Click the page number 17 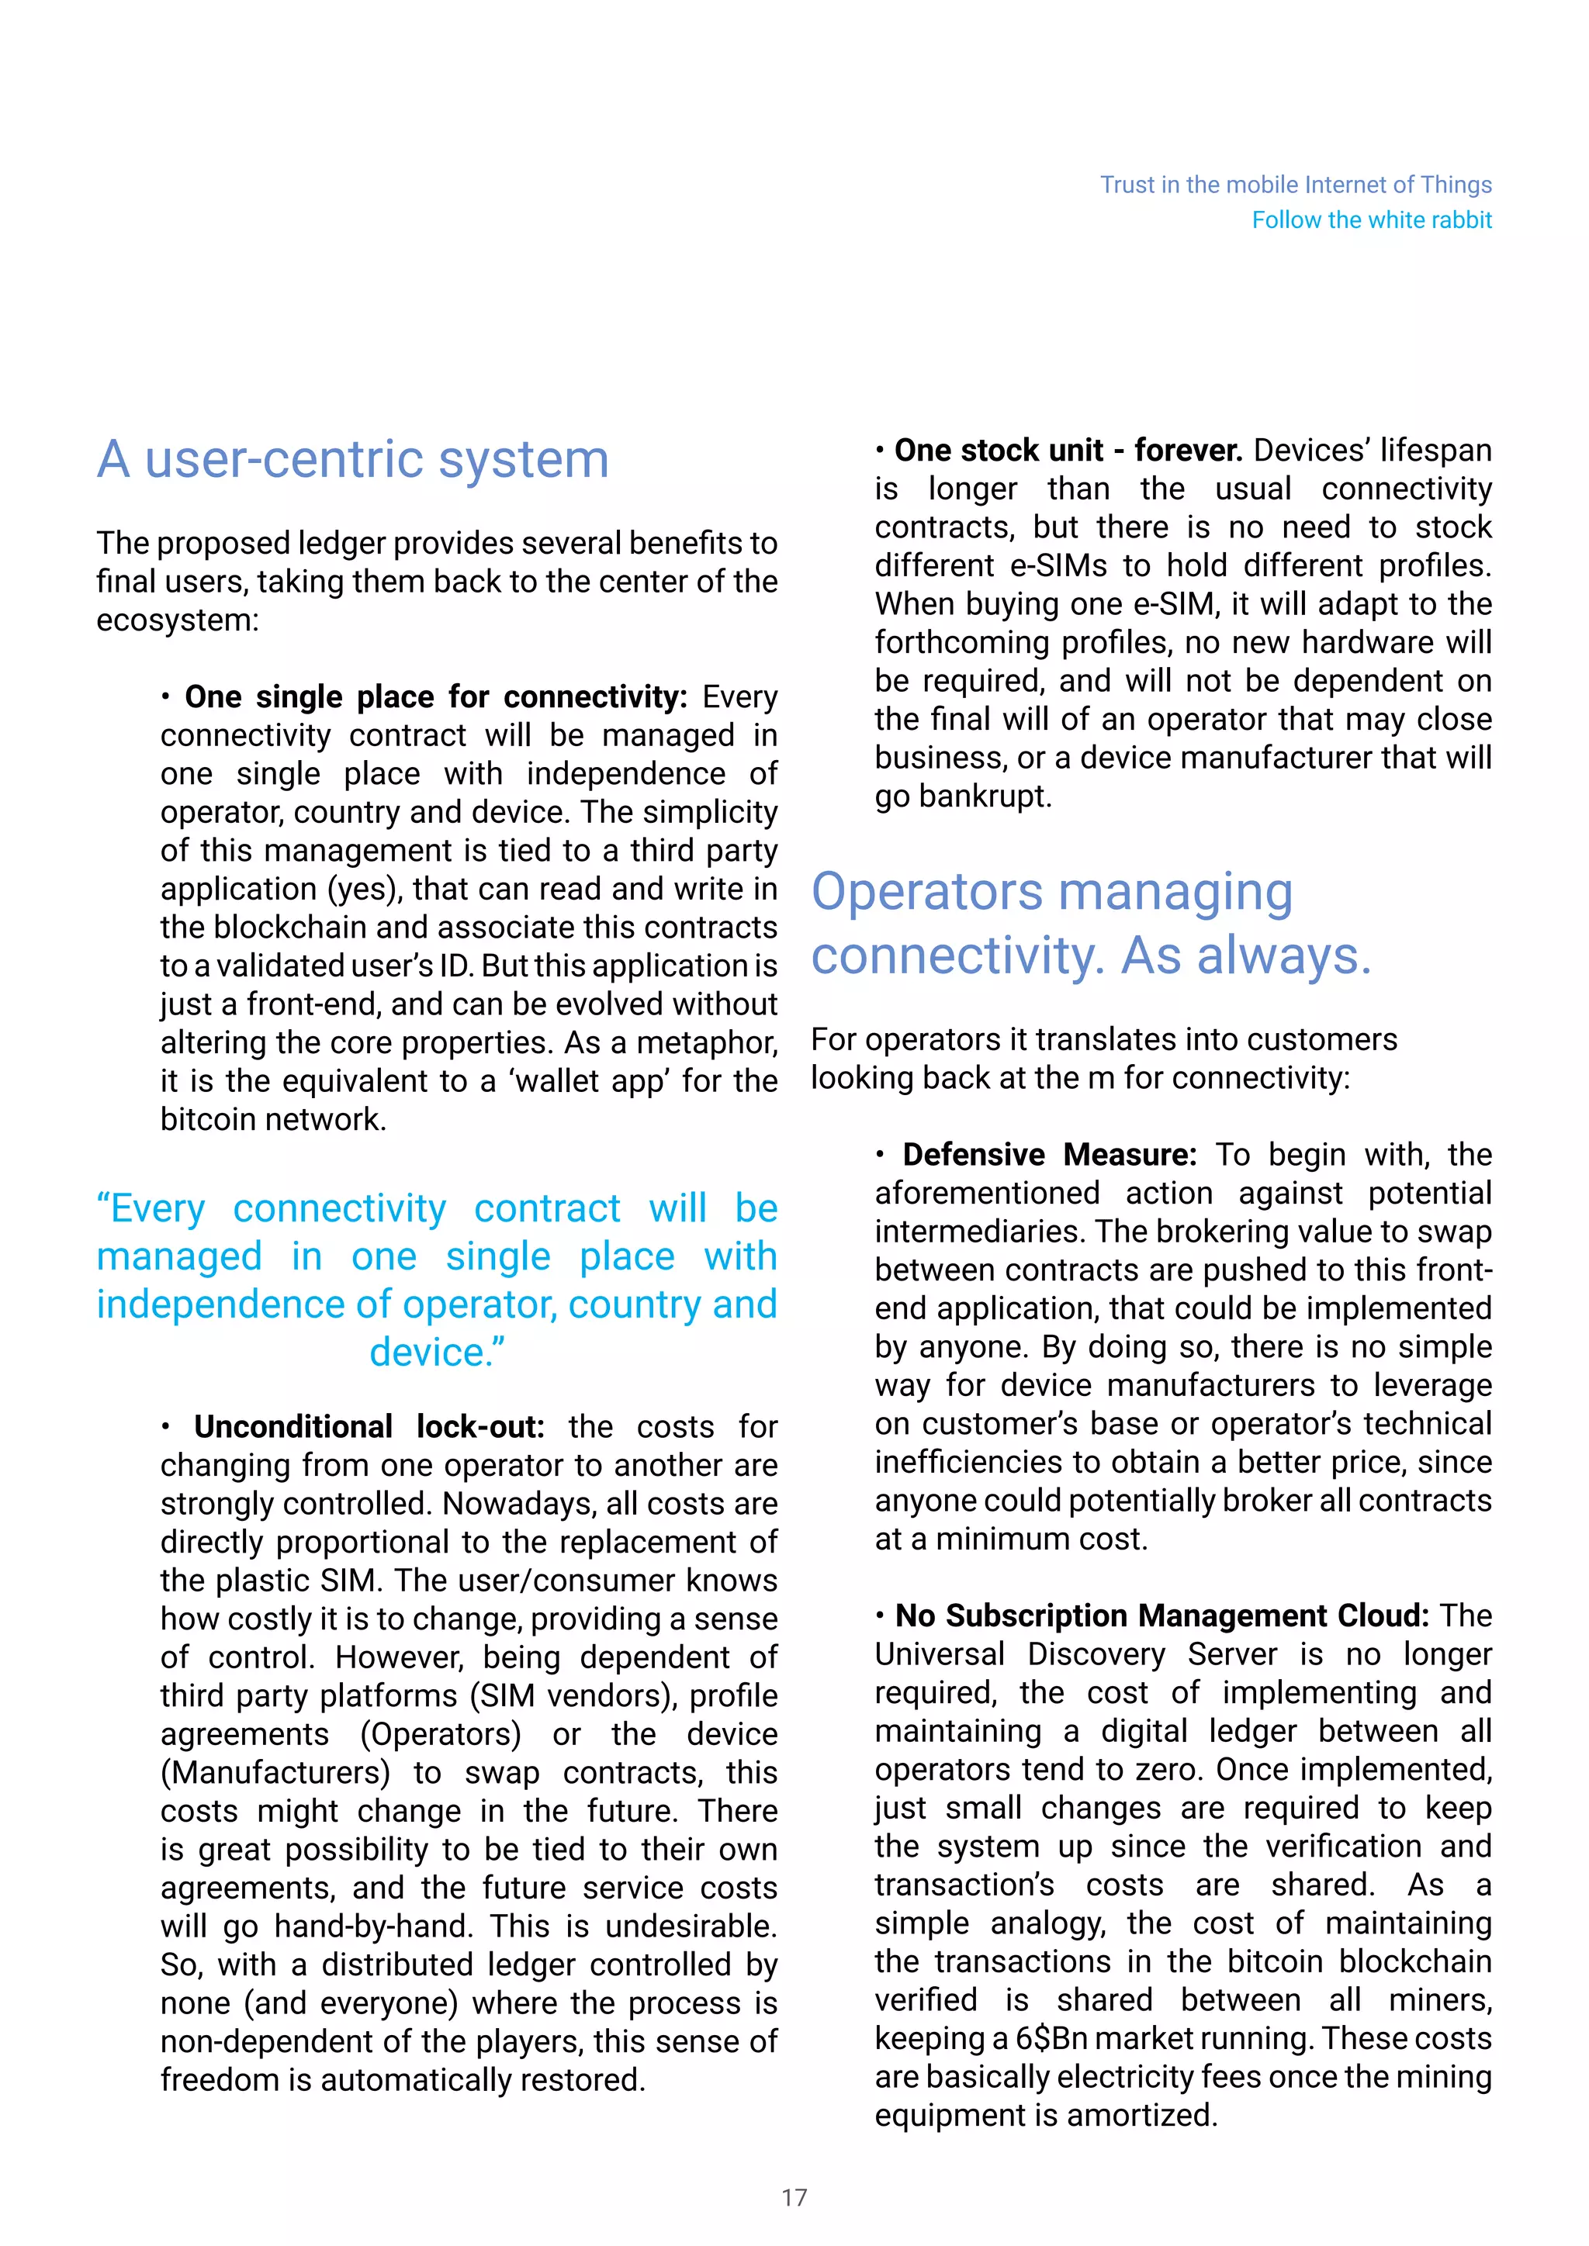click(x=794, y=2197)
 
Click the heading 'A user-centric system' click(x=352, y=459)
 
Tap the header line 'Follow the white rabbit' click(x=1371, y=220)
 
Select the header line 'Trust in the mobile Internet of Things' click(x=1296, y=185)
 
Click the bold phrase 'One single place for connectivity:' click(x=435, y=696)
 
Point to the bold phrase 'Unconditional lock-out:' click(x=369, y=1426)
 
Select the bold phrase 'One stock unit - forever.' click(x=1068, y=450)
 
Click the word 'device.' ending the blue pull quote click(x=436, y=1352)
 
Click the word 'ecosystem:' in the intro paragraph click(x=177, y=620)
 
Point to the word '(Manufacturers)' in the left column click(x=275, y=1773)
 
